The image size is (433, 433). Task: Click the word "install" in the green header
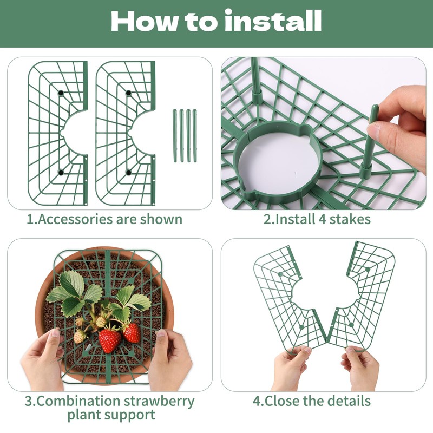pyautogui.click(x=273, y=21)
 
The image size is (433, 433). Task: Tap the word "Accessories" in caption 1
pyautogui.click(x=75, y=219)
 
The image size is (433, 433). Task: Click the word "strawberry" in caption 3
pyautogui.click(x=159, y=401)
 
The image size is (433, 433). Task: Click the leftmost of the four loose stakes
pyautogui.click(x=175, y=136)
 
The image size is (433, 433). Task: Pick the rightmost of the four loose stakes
pyautogui.click(x=195, y=136)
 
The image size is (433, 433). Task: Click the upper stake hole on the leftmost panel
pyautogui.click(x=61, y=93)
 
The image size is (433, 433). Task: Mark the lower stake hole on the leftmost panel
pyautogui.click(x=61, y=173)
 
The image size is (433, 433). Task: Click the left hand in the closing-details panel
pyautogui.click(x=291, y=368)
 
